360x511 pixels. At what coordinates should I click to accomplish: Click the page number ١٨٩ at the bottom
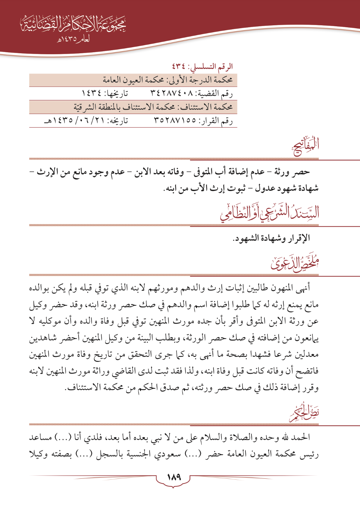[174, 477]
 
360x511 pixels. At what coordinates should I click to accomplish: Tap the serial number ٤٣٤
[180, 67]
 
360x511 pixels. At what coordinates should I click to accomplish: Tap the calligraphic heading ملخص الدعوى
[295, 264]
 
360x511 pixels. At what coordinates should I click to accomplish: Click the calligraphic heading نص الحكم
[304, 413]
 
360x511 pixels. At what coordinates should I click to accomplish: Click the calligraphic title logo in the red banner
[73, 25]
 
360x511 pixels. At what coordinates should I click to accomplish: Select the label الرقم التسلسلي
[210, 67]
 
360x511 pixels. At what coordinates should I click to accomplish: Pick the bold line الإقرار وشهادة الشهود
[271, 238]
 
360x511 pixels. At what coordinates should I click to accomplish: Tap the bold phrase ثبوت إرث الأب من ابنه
[204, 189]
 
